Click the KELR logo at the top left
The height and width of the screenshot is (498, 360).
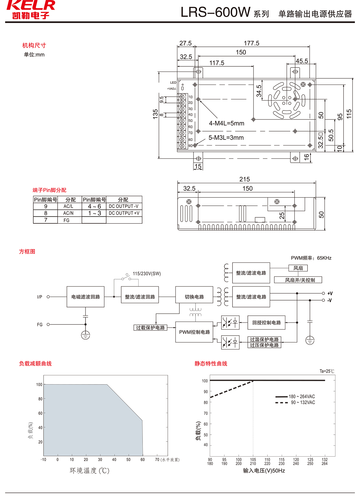point(31,10)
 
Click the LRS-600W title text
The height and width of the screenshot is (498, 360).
point(215,13)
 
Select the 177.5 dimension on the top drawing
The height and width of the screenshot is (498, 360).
point(251,43)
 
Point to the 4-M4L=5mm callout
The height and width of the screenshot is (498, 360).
point(226,123)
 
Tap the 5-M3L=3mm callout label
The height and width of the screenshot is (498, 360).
point(226,138)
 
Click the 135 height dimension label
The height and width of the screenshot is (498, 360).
point(155,114)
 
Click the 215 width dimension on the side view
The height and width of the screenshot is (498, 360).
point(244,179)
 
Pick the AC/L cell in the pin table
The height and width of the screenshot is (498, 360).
point(68,207)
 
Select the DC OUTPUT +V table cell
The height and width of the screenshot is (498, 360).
point(124,213)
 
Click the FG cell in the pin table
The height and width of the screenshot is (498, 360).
point(67,220)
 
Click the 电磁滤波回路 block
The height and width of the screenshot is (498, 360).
point(85,297)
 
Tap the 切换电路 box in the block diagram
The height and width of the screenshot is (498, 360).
point(194,297)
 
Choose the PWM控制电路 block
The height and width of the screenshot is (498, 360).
point(194,332)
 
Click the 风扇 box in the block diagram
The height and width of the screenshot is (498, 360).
point(298,268)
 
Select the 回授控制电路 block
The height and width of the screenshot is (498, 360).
point(266,323)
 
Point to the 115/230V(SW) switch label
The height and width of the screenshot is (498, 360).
point(147,274)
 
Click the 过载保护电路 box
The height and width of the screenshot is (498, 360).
point(150,327)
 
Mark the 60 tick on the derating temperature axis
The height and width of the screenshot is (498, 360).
point(142,460)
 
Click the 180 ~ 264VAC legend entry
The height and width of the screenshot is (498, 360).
point(301,397)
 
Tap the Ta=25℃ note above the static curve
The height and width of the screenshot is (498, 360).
point(327,371)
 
